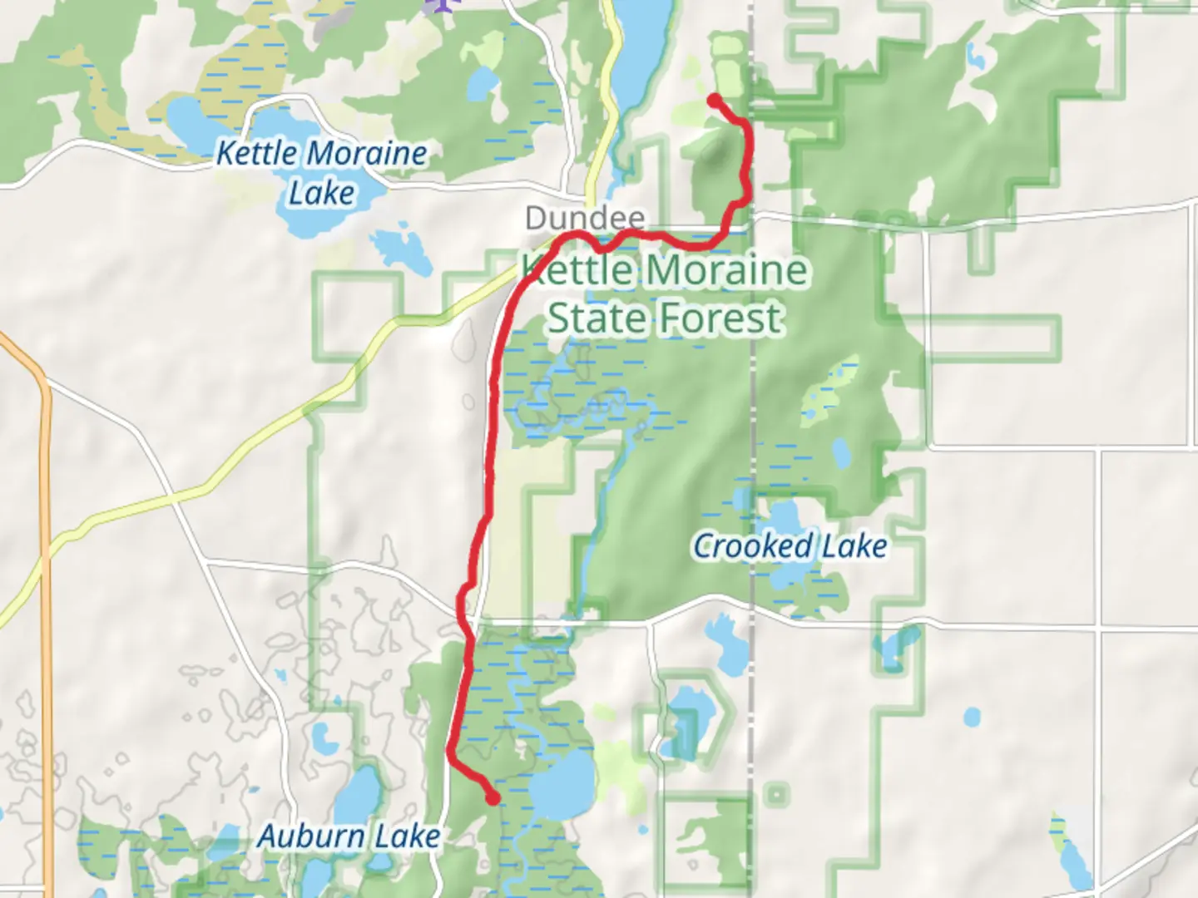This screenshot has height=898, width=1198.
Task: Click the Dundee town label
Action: click(x=585, y=219)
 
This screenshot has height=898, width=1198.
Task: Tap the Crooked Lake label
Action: click(x=790, y=546)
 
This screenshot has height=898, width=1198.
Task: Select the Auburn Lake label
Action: click(x=349, y=836)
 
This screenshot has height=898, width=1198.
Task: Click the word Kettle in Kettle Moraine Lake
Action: click(x=256, y=154)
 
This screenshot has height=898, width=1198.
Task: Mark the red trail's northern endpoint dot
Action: click(x=714, y=101)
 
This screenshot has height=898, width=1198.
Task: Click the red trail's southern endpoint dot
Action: click(x=493, y=799)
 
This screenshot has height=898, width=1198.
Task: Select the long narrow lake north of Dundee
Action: click(x=641, y=50)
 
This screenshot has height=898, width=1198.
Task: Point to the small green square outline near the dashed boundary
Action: click(x=776, y=795)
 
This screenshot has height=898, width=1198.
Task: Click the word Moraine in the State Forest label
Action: click(x=725, y=270)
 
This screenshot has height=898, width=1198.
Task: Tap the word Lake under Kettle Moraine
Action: click(x=321, y=193)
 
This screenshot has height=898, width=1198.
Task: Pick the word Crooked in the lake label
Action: click(x=752, y=546)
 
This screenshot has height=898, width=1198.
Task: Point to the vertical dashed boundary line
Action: click(x=754, y=416)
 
